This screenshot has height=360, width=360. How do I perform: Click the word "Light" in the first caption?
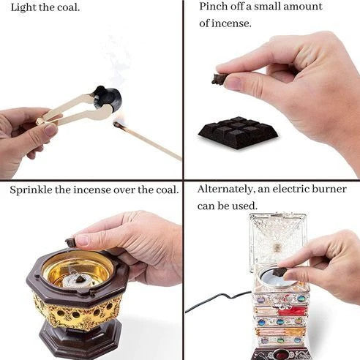(23, 7)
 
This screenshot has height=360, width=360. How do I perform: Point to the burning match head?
(117, 124)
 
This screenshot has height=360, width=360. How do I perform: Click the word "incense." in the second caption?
(231, 23)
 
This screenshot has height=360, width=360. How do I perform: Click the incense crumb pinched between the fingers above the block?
(219, 78)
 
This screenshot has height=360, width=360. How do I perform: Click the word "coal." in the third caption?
(168, 190)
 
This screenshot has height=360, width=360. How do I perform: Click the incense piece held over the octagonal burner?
(71, 241)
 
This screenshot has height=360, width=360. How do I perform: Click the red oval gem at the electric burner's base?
(281, 354)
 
